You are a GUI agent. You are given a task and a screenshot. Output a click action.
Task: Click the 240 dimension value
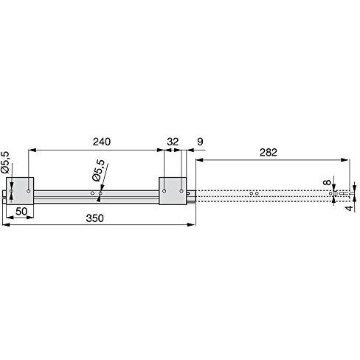tap(102, 142)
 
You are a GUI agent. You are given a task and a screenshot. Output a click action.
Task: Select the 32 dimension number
tap(173, 142)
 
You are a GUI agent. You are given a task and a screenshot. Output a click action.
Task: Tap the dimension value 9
tap(201, 142)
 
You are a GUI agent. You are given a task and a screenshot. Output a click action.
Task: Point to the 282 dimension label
tap(269, 153)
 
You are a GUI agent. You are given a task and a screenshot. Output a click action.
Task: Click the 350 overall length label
tap(95, 218)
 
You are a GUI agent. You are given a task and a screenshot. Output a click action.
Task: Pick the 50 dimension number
tap(21, 212)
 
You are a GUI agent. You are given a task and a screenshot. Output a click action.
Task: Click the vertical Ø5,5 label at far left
tap(5, 162)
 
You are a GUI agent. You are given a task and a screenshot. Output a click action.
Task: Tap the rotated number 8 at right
tap(328, 182)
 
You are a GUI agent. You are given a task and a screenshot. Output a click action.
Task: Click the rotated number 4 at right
tap(349, 209)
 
